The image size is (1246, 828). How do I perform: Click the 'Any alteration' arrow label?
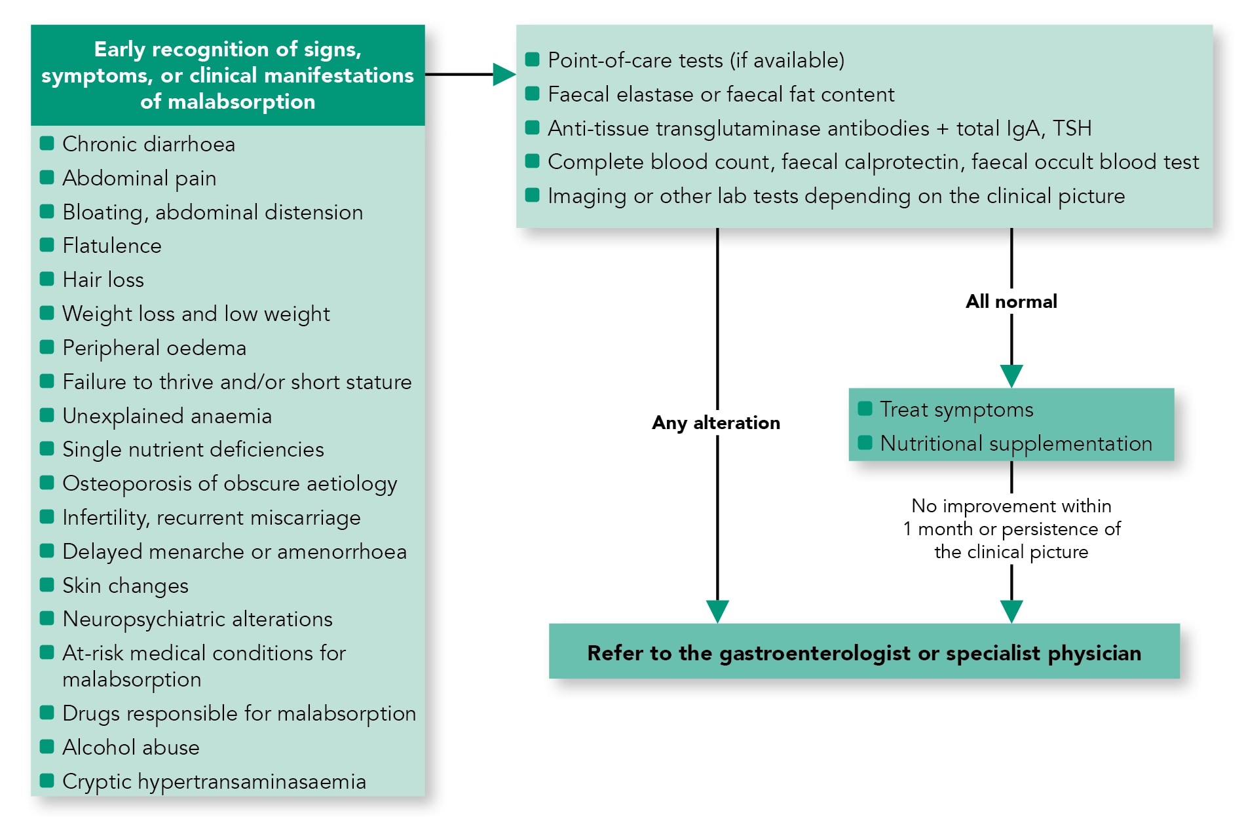tap(716, 423)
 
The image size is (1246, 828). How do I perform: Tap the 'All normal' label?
tap(1011, 301)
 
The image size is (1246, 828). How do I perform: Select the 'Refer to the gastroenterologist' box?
tap(863, 652)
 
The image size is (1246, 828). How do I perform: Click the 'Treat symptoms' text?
tap(956, 409)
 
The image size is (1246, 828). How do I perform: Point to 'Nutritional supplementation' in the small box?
tap(1015, 443)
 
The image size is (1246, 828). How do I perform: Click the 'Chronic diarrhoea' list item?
tap(148, 144)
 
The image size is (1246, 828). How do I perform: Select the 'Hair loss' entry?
tap(103, 280)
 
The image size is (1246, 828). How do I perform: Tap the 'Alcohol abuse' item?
tap(130, 747)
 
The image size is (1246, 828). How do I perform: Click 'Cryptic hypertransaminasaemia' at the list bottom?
tap(214, 781)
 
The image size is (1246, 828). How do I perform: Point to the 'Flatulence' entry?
tap(111, 246)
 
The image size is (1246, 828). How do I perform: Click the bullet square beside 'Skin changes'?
tap(47, 585)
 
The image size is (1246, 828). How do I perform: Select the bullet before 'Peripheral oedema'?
tap(47, 347)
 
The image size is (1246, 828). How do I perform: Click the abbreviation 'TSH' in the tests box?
tap(1072, 128)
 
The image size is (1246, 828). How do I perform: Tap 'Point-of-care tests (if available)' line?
tap(696, 60)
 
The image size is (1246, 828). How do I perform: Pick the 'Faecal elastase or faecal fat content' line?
tap(721, 94)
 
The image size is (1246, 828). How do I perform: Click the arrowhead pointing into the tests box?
tap(503, 75)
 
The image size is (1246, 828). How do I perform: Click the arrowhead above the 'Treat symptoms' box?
tap(1011, 376)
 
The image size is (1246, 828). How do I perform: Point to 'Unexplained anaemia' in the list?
tap(166, 416)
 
